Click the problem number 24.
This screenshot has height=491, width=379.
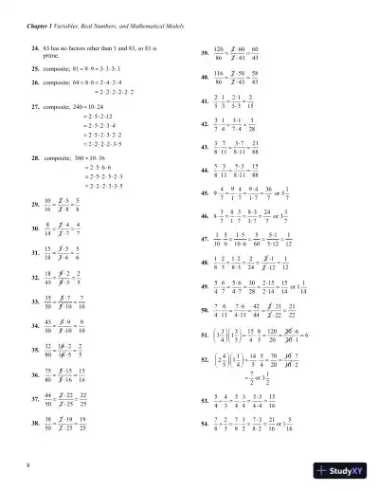(35, 46)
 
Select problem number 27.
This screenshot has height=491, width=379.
(35, 106)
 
